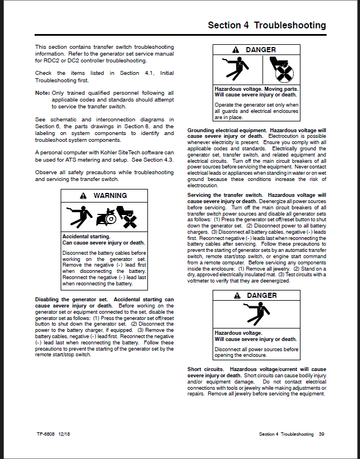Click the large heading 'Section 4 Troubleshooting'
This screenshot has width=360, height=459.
coord(266,26)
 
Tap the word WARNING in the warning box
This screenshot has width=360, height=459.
coord(110,196)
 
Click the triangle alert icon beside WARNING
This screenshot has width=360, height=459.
coord(84,196)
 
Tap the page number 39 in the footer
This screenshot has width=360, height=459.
coord(321,434)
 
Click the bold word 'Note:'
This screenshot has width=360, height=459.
coord(42,92)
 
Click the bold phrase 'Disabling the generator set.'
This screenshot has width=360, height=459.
coord(71,299)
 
